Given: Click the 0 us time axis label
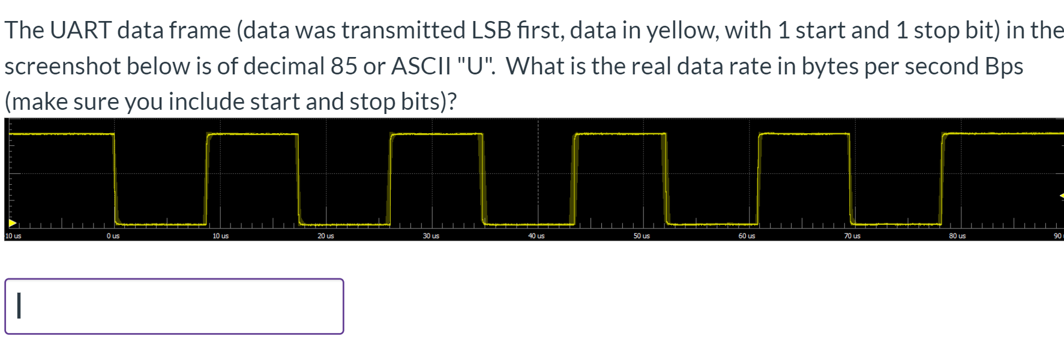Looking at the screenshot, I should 113,236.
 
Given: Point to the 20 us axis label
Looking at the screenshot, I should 326,236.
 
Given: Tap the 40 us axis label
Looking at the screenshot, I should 537,236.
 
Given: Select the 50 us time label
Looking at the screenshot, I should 642,236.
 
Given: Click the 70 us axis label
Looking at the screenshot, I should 852,236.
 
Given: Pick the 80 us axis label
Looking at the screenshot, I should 957,236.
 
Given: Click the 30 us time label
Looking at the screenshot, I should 431,236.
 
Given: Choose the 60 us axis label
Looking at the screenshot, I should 747,236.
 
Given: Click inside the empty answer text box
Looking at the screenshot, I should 174,306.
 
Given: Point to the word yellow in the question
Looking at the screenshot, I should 680,30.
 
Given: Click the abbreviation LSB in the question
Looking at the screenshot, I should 491,30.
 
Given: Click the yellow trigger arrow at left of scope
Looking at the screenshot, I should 12,223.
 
